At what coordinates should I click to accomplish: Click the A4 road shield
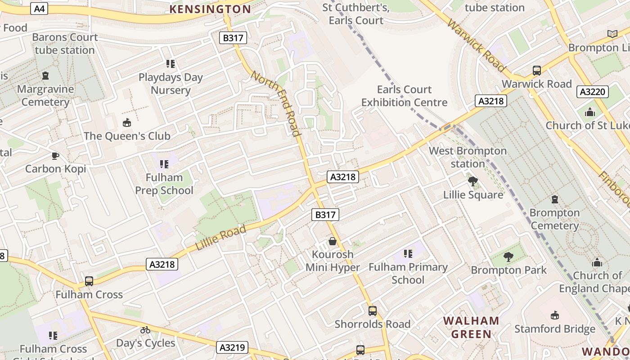[39, 9]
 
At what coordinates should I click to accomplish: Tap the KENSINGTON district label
[210, 9]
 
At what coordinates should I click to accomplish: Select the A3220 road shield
[592, 92]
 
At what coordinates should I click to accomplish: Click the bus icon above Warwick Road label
[536, 71]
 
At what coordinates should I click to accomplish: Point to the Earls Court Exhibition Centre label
[404, 96]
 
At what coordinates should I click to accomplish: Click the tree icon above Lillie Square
[472, 181]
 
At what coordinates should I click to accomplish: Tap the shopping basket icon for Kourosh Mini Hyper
[333, 241]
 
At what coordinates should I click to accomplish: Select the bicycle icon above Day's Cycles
[145, 330]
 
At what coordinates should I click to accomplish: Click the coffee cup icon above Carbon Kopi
[55, 156]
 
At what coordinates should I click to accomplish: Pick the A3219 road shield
[233, 347]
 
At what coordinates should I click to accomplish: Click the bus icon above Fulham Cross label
[89, 281]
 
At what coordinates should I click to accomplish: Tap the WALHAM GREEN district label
[471, 327]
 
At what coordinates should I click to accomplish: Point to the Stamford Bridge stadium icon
[554, 315]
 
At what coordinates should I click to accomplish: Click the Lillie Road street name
[221, 238]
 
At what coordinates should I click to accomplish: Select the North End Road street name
[275, 103]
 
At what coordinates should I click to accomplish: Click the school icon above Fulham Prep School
[164, 164]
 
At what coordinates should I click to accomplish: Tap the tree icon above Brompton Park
[508, 257]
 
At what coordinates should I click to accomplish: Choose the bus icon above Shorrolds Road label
[372, 310]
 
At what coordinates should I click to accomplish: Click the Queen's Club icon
[127, 122]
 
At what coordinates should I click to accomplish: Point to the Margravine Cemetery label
[45, 95]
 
